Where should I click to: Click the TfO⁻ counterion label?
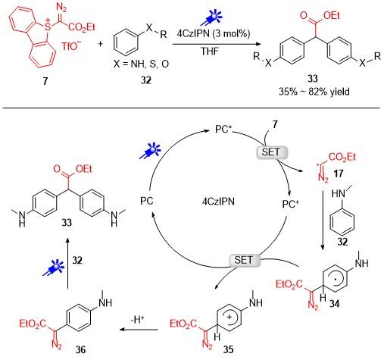point(71,46)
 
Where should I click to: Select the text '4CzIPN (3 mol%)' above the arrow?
point(214,33)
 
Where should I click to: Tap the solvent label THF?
point(210,52)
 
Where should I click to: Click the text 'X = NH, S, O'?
point(141,64)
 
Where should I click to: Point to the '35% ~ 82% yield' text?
point(314,92)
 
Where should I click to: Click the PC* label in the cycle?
point(223,130)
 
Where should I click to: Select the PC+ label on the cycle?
point(290,204)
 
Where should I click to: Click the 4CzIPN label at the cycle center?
point(218,202)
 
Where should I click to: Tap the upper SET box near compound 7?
point(272,152)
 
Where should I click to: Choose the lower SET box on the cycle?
point(244,260)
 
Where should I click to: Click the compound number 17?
point(338,174)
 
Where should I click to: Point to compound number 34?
point(334,303)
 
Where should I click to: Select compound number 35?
point(228,349)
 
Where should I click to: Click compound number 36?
point(80,349)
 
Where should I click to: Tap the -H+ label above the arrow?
point(138,320)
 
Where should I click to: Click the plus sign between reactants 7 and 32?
point(101,44)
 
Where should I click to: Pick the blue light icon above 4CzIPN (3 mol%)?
point(211,17)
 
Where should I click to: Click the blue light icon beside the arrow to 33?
point(54,268)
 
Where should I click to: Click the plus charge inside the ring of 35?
point(229,317)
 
